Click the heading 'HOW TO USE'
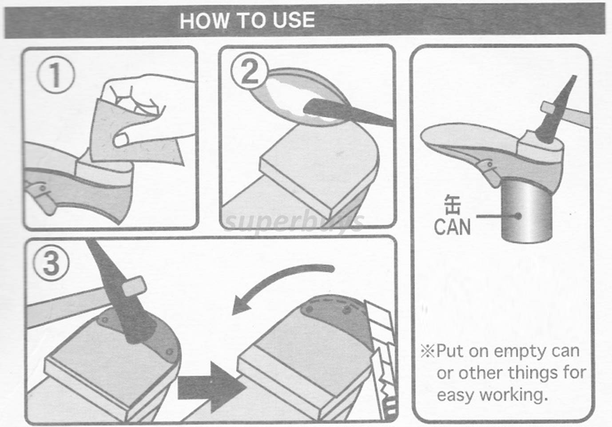(247, 20)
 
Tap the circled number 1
(55, 75)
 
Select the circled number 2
(249, 71)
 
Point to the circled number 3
(51, 262)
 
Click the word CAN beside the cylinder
(452, 227)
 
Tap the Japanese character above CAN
(453, 205)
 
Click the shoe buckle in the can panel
(489, 171)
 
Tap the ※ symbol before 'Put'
(427, 351)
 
